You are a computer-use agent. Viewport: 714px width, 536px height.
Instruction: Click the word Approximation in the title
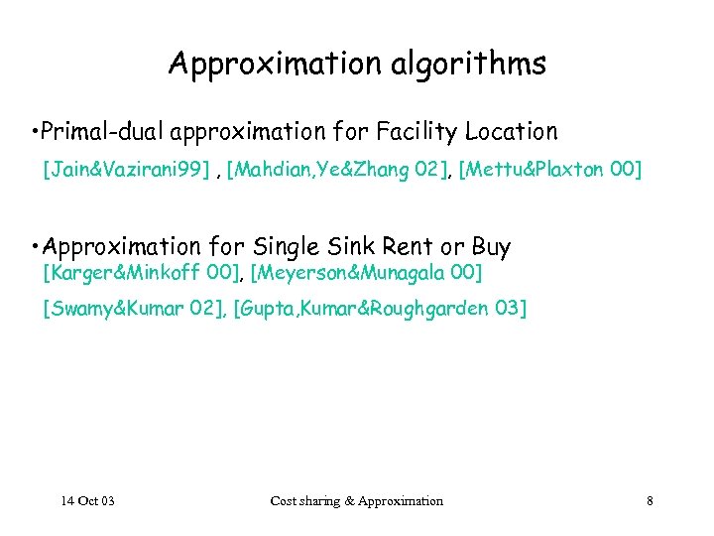[260, 65]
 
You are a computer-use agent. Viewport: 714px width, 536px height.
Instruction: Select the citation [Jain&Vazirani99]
[126, 171]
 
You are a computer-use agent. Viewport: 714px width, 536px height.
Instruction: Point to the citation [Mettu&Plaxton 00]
[550, 171]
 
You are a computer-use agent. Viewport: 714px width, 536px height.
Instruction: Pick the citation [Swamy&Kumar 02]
[133, 309]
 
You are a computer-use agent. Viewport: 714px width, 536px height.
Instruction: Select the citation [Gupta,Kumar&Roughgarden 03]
[380, 309]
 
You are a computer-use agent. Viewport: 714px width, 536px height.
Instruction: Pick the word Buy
[491, 247]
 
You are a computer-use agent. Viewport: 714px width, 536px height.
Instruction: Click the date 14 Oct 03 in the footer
[86, 501]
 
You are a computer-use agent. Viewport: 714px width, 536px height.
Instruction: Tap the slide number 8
[650, 501]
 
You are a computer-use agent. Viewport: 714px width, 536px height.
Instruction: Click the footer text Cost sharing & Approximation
[357, 501]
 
